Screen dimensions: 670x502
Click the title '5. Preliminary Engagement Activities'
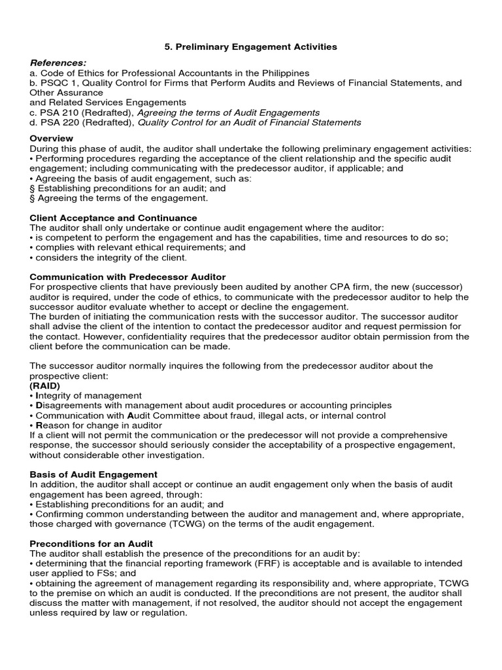coord(250,46)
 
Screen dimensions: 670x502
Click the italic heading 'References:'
coord(58,63)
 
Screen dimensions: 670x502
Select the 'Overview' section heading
coord(52,139)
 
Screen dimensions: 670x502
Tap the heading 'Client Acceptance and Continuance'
coord(113,217)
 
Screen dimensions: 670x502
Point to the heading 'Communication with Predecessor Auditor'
coord(127,277)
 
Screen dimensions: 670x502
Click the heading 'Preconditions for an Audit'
coord(92,544)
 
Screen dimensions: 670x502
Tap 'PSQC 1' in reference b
coord(54,83)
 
